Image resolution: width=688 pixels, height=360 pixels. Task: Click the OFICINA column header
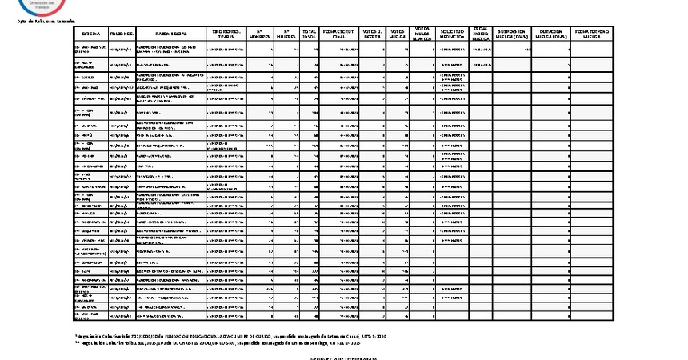pos(90,35)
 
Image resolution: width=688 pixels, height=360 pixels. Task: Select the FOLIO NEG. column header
pos(122,35)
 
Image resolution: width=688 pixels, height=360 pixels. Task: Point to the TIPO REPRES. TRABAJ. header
pos(226,35)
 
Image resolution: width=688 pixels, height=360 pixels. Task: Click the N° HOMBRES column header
pos(261,35)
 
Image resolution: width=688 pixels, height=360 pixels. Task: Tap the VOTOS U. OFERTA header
pos(371,35)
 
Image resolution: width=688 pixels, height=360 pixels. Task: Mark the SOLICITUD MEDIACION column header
pos(453,35)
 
